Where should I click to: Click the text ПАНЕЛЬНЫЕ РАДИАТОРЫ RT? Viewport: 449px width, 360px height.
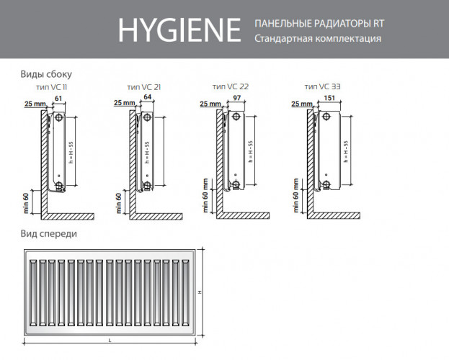click(319, 24)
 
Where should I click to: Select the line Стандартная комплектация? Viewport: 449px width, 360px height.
click(318, 39)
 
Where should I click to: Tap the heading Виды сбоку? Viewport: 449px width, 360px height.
click(46, 73)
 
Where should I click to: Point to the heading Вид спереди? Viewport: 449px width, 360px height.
click(49, 234)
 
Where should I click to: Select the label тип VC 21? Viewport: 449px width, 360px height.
click(143, 86)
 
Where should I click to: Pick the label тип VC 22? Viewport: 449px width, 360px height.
click(230, 86)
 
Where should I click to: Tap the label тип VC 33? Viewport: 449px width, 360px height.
click(324, 86)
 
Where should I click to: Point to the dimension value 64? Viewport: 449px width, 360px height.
click(147, 96)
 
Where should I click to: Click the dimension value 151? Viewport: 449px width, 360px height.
click(330, 96)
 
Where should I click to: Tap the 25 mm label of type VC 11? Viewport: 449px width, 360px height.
click(33, 104)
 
